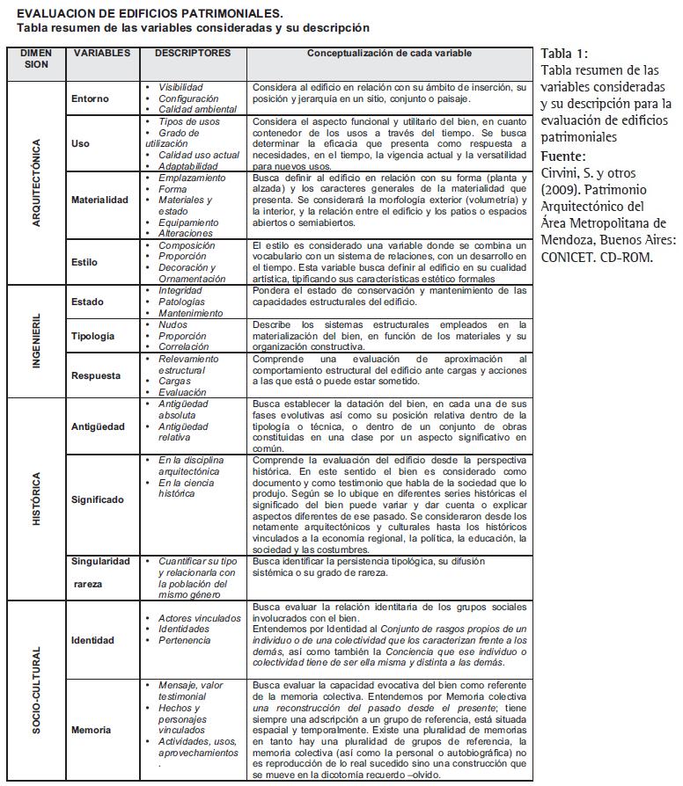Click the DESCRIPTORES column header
(x=192, y=54)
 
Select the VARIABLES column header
(x=101, y=54)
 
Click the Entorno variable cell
(x=91, y=99)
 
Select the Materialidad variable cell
(x=99, y=200)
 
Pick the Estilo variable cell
(x=84, y=262)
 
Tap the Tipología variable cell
(x=92, y=336)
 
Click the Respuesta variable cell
(x=96, y=375)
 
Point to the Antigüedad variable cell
(x=99, y=427)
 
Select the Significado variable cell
(x=98, y=499)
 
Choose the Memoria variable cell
(x=92, y=729)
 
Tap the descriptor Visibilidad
(x=180, y=88)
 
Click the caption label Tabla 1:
(x=564, y=55)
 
